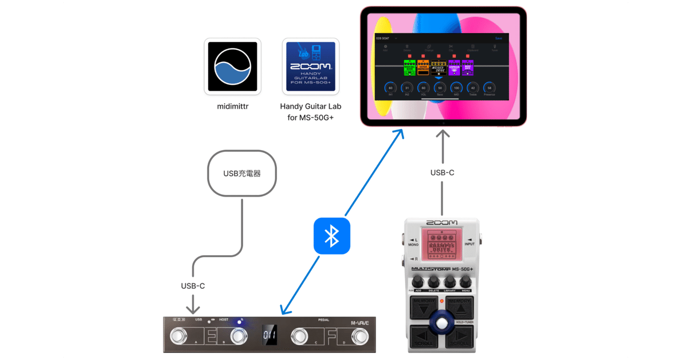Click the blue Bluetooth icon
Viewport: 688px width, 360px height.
331,236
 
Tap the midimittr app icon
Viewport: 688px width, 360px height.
232,66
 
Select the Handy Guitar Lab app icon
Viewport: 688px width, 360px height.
311,66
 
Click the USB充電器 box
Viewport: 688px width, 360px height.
241,173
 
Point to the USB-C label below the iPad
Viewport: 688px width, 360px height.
442,173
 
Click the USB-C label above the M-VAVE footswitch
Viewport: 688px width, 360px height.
193,285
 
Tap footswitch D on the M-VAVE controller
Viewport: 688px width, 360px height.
360,335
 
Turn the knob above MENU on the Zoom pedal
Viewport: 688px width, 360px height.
466,281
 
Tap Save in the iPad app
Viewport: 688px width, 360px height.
498,38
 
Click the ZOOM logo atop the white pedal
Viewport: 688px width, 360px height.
442,222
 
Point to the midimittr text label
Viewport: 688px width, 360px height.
232,106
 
